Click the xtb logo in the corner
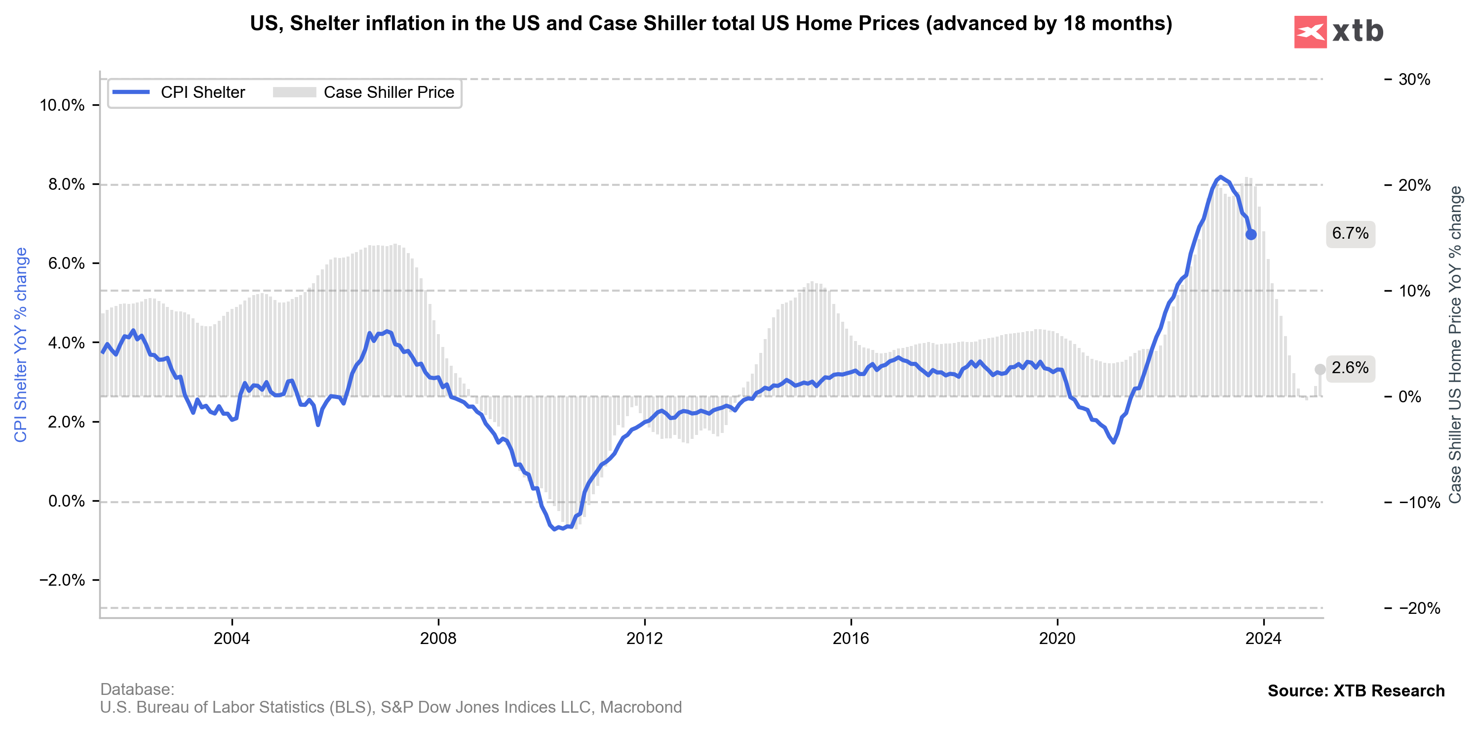(1338, 32)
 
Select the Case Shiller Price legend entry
(364, 92)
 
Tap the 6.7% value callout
(1350, 233)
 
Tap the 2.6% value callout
(1350, 368)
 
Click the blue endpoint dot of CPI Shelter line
(1251, 234)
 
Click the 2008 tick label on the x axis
(438, 639)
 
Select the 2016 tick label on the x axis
(851, 639)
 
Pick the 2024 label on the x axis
(1263, 639)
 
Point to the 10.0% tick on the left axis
(61, 105)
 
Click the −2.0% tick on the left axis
(61, 580)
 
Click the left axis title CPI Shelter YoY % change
(21, 345)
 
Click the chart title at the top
(711, 24)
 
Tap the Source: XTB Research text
(1356, 691)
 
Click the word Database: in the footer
(137, 689)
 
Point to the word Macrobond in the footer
(641, 707)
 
